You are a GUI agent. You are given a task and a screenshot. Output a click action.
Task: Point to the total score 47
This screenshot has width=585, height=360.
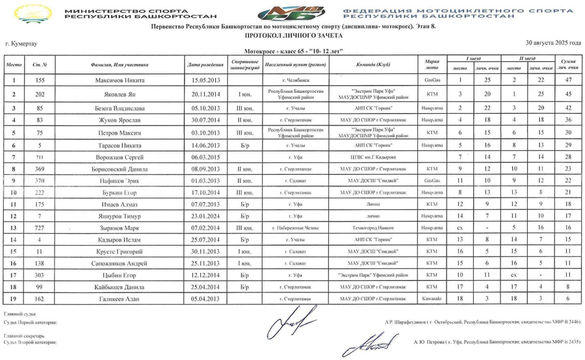568,80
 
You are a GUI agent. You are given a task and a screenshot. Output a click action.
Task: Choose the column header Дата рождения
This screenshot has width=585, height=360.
205,65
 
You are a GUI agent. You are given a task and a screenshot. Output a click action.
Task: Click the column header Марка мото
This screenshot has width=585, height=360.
429,65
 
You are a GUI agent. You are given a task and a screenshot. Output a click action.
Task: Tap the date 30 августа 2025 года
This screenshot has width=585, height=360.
553,42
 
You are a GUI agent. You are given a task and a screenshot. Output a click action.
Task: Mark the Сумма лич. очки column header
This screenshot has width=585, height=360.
568,65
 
